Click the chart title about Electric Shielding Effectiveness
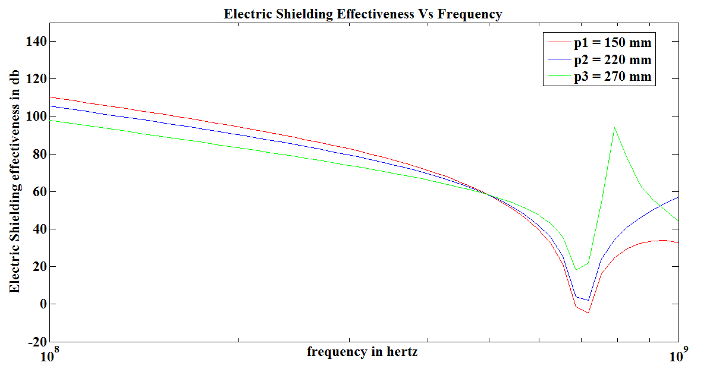click(363, 14)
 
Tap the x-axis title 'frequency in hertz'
click(362, 352)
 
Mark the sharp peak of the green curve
click(614, 127)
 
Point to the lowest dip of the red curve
click(588, 313)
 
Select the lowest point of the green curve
click(576, 270)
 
